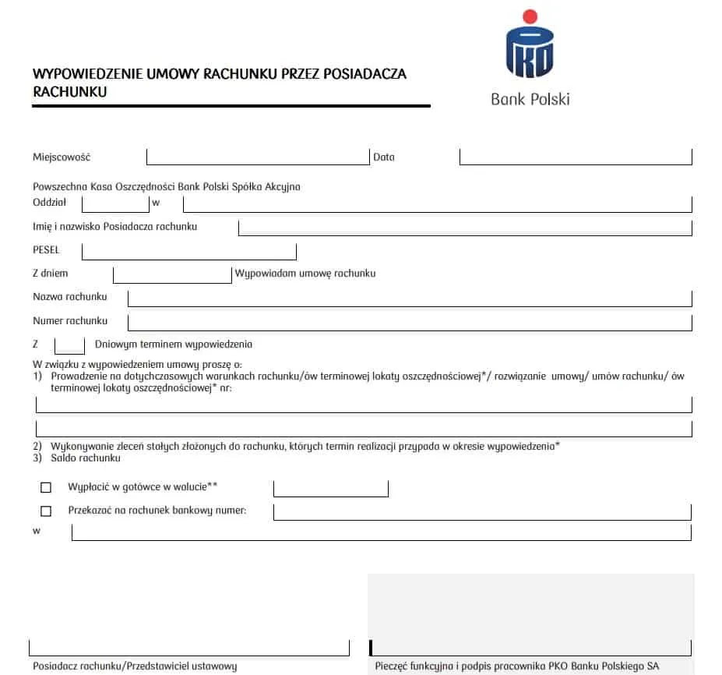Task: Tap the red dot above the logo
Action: [530, 16]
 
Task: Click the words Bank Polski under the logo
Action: [530, 99]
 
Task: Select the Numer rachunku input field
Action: [410, 321]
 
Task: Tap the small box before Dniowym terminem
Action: [69, 345]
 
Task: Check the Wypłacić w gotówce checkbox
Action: [46, 487]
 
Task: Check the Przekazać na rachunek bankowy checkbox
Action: [46, 511]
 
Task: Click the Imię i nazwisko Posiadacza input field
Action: [465, 227]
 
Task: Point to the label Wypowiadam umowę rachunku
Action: [305, 274]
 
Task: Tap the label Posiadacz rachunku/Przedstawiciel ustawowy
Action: [135, 666]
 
